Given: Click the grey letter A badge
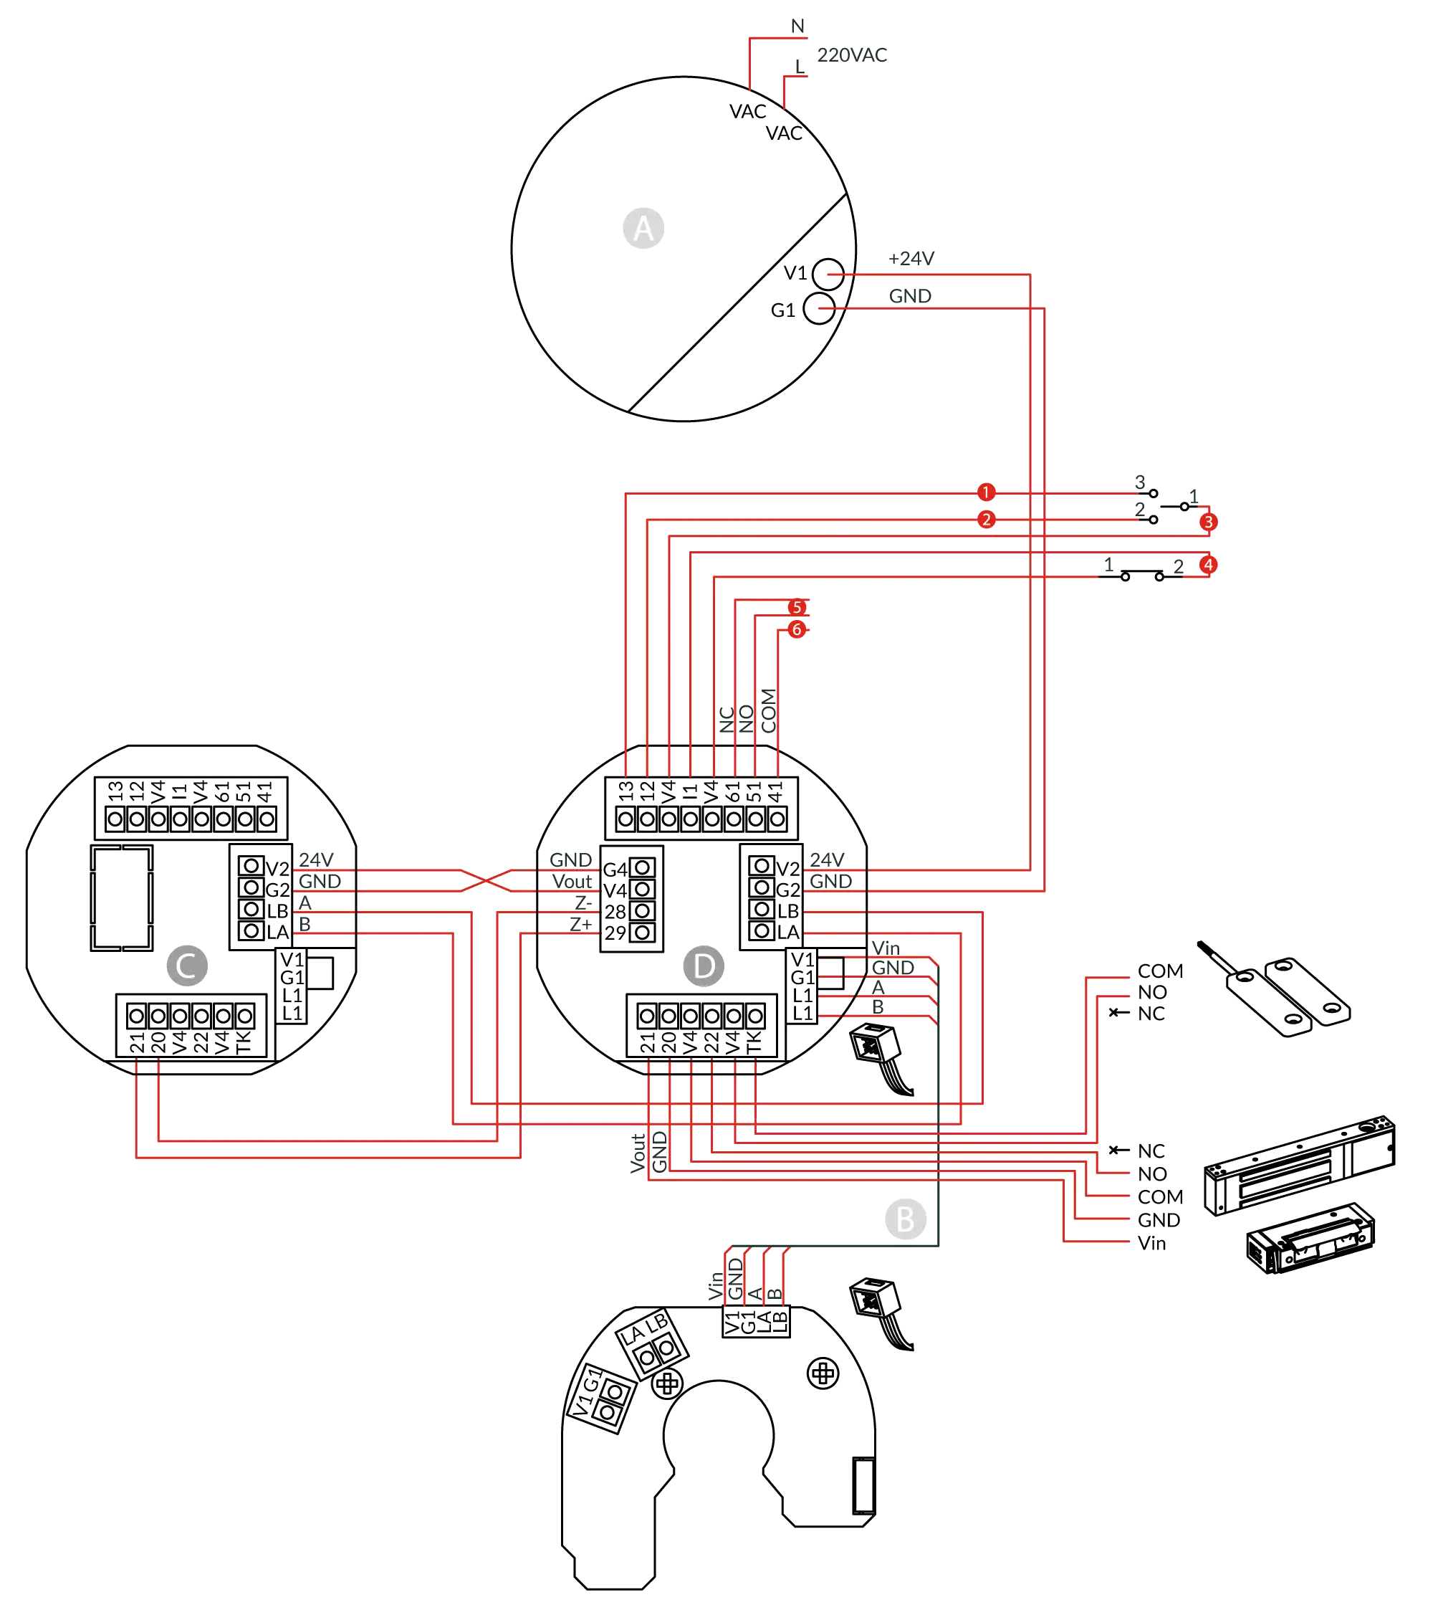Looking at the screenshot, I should (643, 229).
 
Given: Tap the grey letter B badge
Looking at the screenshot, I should (905, 1219).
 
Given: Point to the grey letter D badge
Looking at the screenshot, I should (703, 966).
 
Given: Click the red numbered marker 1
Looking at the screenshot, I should (986, 492).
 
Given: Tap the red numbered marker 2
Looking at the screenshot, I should (986, 520).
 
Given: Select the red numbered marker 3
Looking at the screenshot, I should (1208, 521).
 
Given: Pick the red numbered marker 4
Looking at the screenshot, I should (1208, 564).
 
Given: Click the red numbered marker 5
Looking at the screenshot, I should (797, 607).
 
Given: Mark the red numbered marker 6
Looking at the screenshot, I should (797, 629).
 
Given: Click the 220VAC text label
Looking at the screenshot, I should (852, 55).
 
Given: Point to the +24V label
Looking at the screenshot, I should (912, 258).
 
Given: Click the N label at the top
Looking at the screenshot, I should (798, 26).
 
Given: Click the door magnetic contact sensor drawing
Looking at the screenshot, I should (1283, 990).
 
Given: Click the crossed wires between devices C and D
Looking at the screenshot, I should (484, 880).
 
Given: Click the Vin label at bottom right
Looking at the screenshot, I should (1153, 1243).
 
